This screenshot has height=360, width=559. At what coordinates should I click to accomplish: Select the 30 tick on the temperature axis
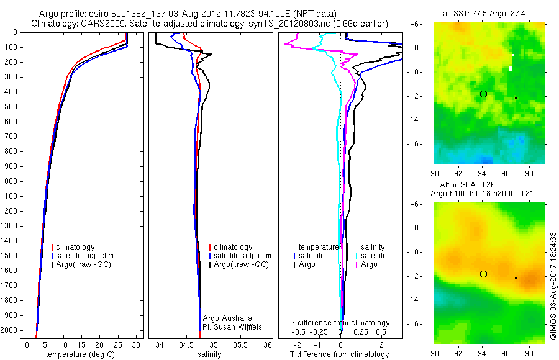[136, 344]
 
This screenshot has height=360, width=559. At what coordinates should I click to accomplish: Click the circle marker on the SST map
[483, 94]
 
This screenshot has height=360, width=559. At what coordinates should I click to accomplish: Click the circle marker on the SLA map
[483, 274]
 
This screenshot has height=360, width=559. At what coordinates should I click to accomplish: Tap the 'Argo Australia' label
[227, 318]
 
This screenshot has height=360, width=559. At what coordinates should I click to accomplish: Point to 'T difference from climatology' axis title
[340, 354]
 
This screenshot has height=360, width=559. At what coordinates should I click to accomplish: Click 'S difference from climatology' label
[340, 323]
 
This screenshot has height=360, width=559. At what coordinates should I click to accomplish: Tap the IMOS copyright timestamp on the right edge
[553, 286]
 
